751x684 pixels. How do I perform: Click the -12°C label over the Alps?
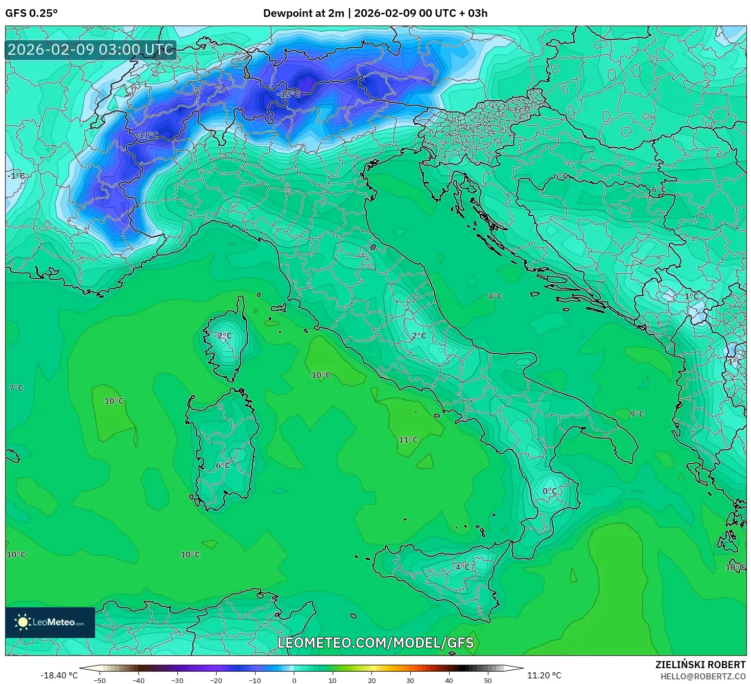pyautogui.click(x=289, y=95)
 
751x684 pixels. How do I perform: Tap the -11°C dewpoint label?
pyautogui.click(x=148, y=135)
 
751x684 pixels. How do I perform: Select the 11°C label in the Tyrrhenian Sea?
pyautogui.click(x=408, y=440)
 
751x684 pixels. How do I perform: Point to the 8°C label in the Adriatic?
pyautogui.click(x=495, y=296)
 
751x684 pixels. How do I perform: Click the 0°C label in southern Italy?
pyautogui.click(x=550, y=491)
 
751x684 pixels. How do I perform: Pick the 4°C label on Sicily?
pyautogui.click(x=463, y=567)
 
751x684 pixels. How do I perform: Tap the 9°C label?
pyautogui.click(x=637, y=414)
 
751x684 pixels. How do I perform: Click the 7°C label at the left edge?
pyautogui.click(x=16, y=388)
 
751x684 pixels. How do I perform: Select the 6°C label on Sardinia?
pyautogui.click(x=223, y=465)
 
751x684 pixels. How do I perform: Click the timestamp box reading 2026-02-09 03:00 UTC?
pyautogui.click(x=91, y=50)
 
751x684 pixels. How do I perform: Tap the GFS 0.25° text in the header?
pyautogui.click(x=31, y=13)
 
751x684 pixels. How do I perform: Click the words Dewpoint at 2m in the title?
pyautogui.click(x=303, y=13)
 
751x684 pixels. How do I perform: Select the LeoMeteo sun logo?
pyautogui.click(x=23, y=622)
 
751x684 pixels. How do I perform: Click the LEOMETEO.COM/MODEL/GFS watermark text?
pyautogui.click(x=375, y=643)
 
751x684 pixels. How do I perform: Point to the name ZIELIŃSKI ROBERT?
pyautogui.click(x=700, y=665)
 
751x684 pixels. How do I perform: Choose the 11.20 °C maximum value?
pyautogui.click(x=544, y=675)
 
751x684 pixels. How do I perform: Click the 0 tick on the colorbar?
pyautogui.click(x=294, y=680)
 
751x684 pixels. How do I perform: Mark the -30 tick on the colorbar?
pyautogui.click(x=177, y=680)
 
